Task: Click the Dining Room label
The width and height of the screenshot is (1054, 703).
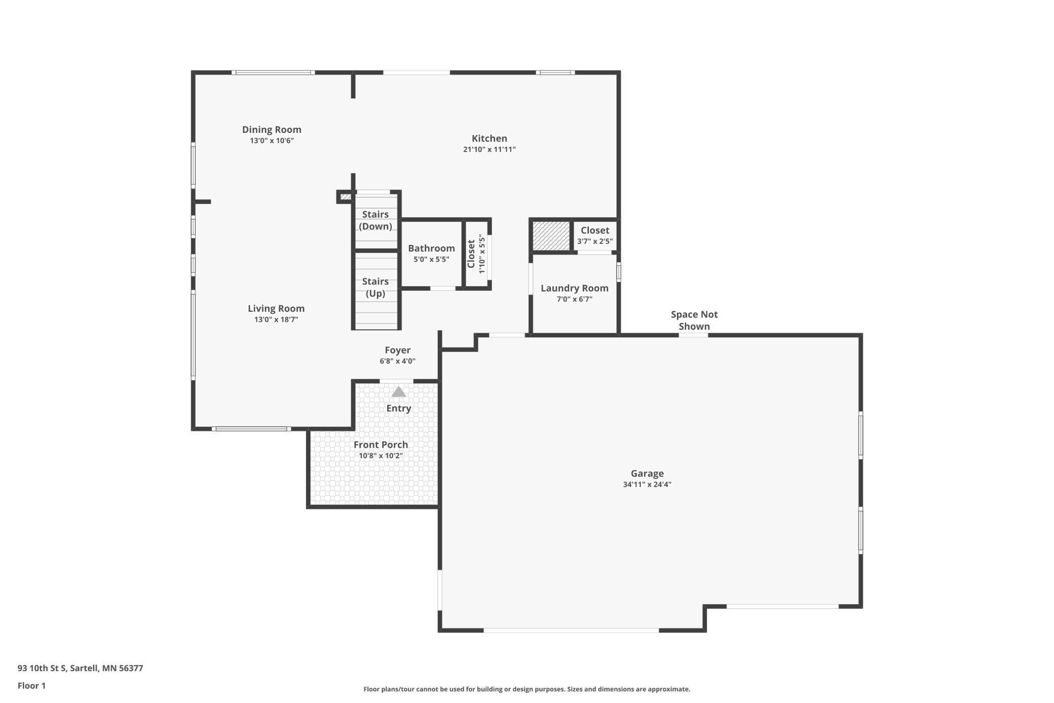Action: pos(272,130)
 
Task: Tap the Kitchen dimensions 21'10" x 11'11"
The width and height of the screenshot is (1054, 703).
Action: pos(489,150)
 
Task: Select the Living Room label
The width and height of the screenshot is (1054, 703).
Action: pos(276,308)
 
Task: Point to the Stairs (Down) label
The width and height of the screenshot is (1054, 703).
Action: pos(375,221)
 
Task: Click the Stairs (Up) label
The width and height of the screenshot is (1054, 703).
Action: pos(375,288)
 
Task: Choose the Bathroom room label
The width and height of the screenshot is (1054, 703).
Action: pos(431,249)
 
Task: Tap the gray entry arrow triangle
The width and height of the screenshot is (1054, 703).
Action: pos(399,392)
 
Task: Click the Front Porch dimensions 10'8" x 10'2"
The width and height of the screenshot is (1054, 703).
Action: pos(381,456)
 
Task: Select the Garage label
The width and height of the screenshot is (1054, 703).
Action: pos(647,474)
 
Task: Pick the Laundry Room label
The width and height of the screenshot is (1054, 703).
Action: pos(574,289)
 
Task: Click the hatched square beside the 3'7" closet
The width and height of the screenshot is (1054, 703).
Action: pos(551,236)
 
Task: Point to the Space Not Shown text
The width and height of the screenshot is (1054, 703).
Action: pos(694,321)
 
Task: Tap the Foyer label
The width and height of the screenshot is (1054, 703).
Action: pos(397,350)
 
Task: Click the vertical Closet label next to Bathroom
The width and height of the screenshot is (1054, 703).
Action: pos(471,254)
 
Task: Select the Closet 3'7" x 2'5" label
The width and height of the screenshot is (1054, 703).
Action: pos(595,231)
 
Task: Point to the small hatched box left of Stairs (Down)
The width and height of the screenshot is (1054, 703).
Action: pos(346,197)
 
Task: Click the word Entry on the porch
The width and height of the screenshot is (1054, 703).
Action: pos(399,409)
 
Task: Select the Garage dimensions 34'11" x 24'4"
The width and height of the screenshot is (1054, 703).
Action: pos(647,485)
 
